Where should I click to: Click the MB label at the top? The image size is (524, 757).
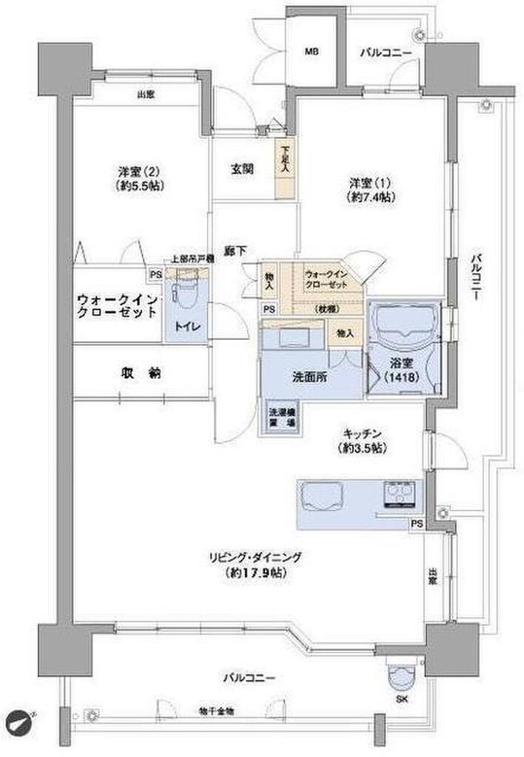pos(313,52)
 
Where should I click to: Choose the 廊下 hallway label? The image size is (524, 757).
pos(236,252)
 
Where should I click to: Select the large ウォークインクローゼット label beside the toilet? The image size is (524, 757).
pos(117,306)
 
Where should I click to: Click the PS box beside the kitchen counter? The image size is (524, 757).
pos(418,523)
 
